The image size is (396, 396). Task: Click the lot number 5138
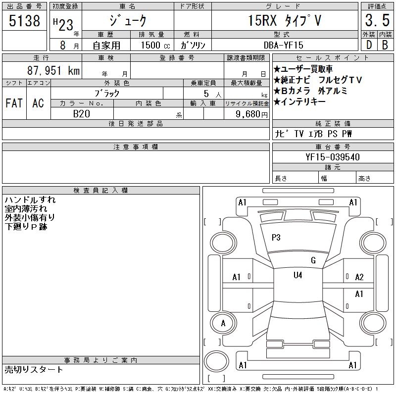coord(24,20)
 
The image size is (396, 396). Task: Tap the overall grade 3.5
coord(377,20)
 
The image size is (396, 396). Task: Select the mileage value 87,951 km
coord(53,70)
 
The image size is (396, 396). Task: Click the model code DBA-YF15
coord(283,45)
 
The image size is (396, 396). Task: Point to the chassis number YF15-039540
coord(333,157)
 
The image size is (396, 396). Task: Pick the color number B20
coord(82,114)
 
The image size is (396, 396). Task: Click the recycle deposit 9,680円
coord(251,114)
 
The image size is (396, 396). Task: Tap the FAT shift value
coord(14,103)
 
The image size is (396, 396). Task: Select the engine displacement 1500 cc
coord(155,45)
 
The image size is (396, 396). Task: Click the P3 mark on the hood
coord(276,238)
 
